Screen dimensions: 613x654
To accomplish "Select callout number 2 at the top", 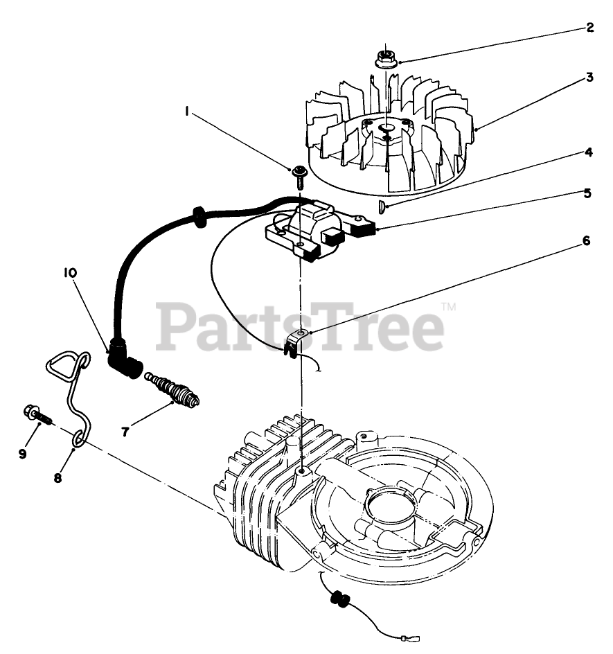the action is click(589, 28).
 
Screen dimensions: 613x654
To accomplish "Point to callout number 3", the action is click(589, 78).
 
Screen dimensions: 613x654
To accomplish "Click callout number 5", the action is click(587, 193).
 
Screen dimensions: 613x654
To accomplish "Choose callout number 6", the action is click(586, 241).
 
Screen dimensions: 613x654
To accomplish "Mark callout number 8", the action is click(58, 477).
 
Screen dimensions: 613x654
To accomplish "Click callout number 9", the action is click(23, 453).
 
